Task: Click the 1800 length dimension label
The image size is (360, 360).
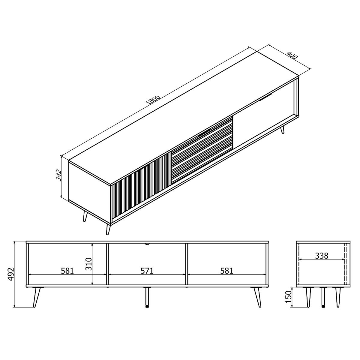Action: [x=153, y=100]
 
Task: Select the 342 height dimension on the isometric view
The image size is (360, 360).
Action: [x=59, y=175]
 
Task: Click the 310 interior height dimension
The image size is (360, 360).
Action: [x=88, y=264]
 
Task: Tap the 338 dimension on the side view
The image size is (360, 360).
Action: [x=322, y=256]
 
